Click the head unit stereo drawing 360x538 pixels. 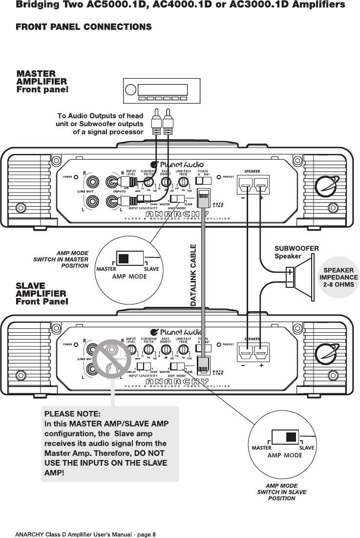click(x=161, y=90)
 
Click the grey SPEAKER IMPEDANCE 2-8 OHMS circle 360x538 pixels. click(x=339, y=278)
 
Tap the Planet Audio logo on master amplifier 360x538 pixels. click(x=176, y=165)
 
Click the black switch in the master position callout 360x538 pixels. click(x=124, y=258)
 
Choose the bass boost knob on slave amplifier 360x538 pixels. click(x=166, y=350)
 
